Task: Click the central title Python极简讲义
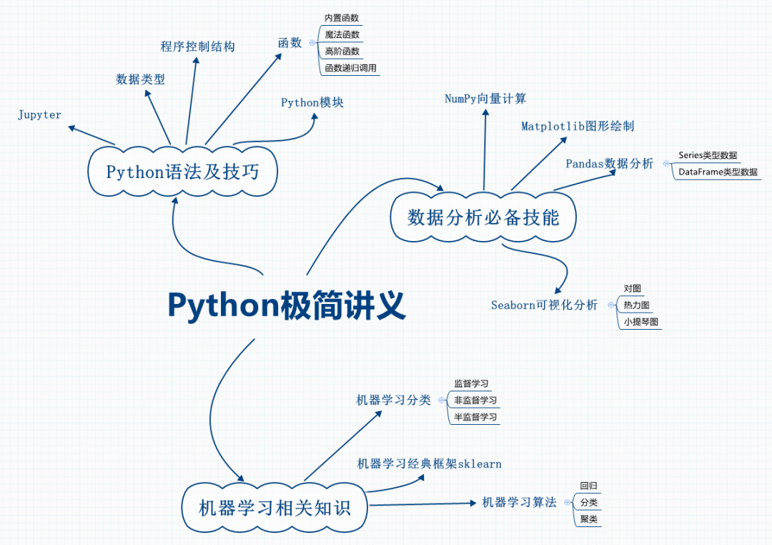[287, 305]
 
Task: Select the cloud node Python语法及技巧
[182, 172]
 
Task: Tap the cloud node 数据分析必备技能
[483, 217]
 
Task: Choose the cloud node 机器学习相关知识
[275, 508]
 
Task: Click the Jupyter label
[40, 114]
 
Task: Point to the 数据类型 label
[141, 79]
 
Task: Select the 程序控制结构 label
[198, 46]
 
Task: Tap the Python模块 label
[312, 102]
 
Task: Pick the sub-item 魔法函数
[342, 34]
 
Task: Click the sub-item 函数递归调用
[350, 69]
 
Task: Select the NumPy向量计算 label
[485, 99]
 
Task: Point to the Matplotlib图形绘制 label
[578, 126]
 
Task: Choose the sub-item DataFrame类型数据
[718, 172]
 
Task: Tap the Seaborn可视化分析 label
[544, 305]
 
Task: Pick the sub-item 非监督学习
[475, 401]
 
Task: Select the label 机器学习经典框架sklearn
[429, 464]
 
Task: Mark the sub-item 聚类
[589, 519]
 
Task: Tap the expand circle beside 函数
[312, 43]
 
